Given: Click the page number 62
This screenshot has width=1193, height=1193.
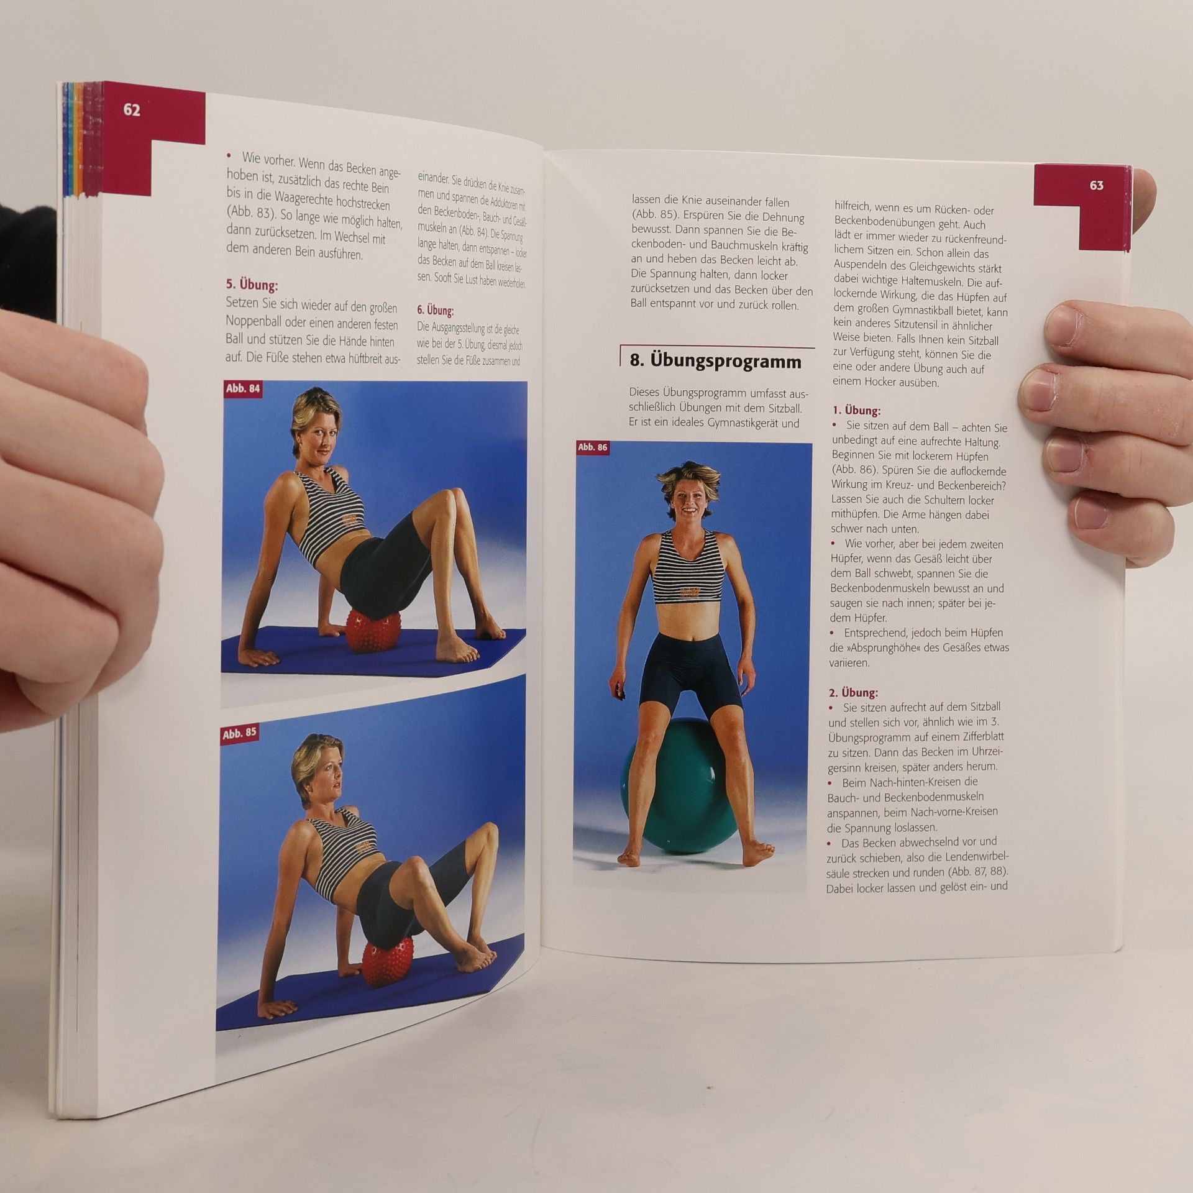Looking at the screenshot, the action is (132, 110).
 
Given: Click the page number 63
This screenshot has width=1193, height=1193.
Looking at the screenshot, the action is (1096, 185).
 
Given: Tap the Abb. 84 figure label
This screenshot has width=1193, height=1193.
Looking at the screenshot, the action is (242, 389).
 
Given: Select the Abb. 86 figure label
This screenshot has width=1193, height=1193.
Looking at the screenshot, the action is (592, 447).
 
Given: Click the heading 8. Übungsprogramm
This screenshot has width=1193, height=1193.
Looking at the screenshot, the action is (715, 361).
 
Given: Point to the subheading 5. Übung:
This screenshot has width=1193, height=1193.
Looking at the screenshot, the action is (251, 285).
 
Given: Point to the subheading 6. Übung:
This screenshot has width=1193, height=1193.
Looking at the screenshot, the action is (435, 310).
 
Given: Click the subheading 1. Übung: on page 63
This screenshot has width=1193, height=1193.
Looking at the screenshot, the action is (856, 411).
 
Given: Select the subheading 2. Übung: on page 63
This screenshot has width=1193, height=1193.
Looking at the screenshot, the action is (853, 692).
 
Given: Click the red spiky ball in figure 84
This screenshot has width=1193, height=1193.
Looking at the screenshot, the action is (372, 629).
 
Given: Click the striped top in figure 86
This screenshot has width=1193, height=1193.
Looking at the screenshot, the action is (687, 567).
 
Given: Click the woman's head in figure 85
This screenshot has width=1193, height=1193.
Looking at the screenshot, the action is (321, 769).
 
